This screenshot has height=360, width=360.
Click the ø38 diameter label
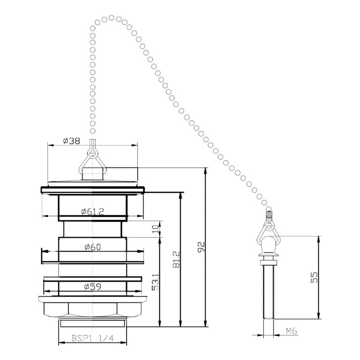point(72,141)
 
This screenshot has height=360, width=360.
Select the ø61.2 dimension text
point(93,211)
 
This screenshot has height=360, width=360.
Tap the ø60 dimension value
point(93,247)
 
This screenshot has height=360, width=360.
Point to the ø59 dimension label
point(93,287)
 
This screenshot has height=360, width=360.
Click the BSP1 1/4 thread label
point(93,338)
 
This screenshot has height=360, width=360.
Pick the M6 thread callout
point(292,331)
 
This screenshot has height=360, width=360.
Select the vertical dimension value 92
point(201,247)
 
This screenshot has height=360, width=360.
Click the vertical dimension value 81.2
point(176,260)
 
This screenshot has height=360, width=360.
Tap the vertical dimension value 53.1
point(155,282)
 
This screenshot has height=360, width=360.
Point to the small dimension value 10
point(155,229)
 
